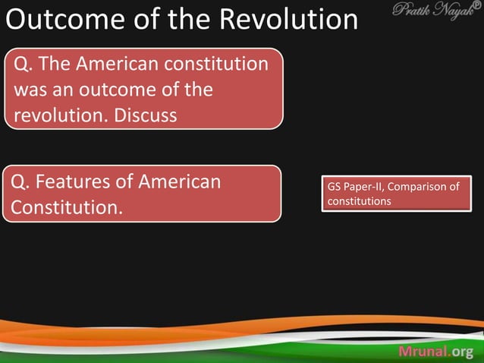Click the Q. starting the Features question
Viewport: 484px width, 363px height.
pyautogui.click(x=17, y=181)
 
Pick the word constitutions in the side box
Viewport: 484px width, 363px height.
pyautogui.click(x=359, y=201)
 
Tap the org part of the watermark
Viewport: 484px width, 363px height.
pyautogui.click(x=463, y=351)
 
